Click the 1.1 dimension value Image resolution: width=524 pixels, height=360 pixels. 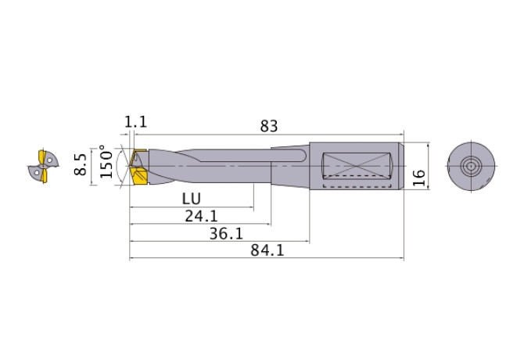(x=135, y=122)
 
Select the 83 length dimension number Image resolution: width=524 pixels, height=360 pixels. (x=269, y=125)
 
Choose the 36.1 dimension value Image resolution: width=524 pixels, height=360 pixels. (x=227, y=233)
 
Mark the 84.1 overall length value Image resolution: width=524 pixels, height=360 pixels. (x=267, y=251)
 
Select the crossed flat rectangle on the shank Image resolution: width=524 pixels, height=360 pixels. (x=356, y=165)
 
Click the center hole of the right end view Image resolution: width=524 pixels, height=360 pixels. (x=471, y=166)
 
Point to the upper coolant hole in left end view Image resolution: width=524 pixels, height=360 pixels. (x=49, y=158)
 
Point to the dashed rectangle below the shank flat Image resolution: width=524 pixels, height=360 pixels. (x=356, y=187)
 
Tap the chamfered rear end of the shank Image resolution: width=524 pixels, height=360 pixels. (x=402, y=166)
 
